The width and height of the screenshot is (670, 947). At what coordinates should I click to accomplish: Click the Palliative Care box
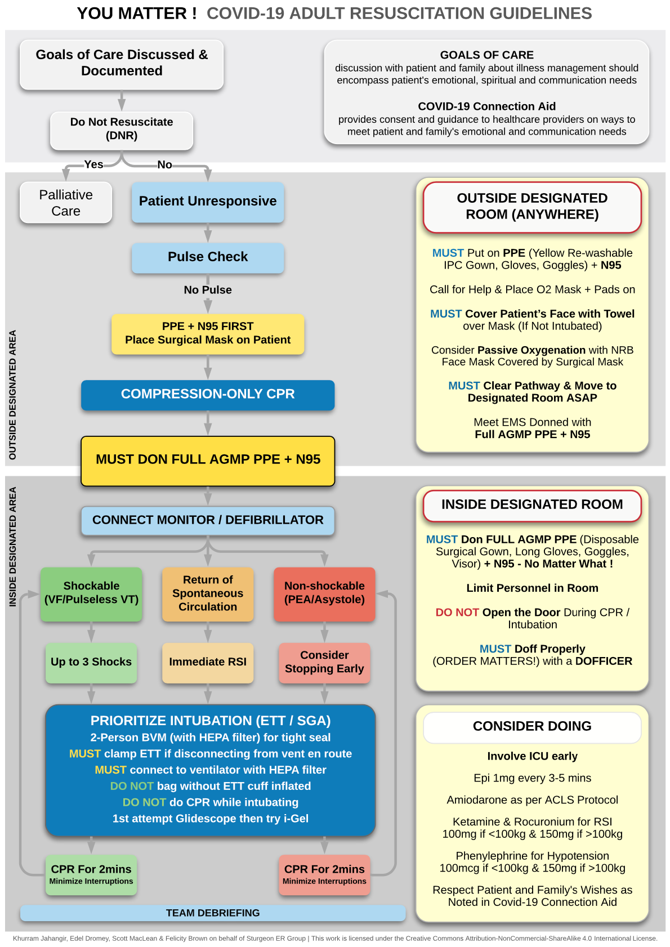[66, 203]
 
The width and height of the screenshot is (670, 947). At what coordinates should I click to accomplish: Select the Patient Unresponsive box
[208, 202]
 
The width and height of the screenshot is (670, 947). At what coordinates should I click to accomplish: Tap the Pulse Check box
[208, 257]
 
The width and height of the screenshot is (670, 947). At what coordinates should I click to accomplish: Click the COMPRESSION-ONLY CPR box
[208, 394]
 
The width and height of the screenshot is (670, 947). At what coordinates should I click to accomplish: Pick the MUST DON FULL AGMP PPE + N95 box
[208, 460]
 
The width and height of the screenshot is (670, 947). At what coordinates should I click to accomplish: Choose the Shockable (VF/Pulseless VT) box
[91, 593]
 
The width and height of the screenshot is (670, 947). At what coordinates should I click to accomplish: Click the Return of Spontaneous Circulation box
[208, 593]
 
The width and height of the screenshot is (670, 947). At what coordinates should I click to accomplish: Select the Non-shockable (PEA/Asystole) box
[324, 593]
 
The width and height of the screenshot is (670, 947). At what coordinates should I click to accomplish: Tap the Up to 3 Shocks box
[91, 662]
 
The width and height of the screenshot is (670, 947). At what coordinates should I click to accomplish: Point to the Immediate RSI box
[208, 662]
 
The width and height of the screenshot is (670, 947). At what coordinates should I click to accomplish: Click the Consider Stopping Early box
[324, 662]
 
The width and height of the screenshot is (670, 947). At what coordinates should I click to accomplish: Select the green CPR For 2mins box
[91, 874]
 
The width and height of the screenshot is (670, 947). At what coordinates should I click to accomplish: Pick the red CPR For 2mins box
[324, 874]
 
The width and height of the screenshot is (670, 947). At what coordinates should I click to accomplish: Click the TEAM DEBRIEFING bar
[213, 913]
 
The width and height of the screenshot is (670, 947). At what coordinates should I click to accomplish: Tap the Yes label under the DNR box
[93, 164]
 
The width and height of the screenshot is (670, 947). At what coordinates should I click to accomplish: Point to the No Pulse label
[208, 290]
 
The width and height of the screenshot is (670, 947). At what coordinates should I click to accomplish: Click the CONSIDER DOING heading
[532, 726]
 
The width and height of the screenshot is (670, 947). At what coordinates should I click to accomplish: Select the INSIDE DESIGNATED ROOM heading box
[532, 504]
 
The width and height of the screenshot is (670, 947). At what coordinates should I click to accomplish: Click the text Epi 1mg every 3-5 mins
[532, 778]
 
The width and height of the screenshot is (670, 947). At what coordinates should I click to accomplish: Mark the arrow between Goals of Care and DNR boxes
[122, 101]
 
